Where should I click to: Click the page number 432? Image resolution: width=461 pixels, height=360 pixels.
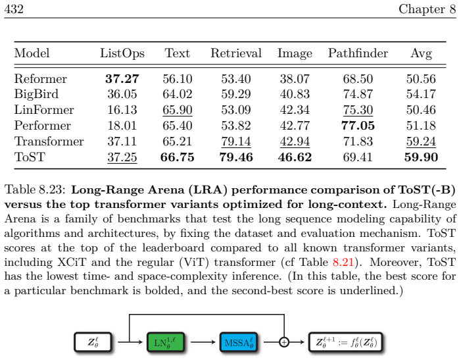click(x=14, y=9)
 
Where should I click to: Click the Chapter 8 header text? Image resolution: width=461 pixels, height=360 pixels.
click(x=427, y=9)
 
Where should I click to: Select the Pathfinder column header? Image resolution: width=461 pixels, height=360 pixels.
click(x=358, y=53)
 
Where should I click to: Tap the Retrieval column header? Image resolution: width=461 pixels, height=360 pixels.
click(x=236, y=53)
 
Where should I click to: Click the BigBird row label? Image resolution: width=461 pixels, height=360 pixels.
click(x=36, y=94)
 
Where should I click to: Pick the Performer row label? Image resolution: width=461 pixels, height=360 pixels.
click(x=42, y=126)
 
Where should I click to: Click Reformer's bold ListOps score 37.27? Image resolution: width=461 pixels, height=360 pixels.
click(x=122, y=79)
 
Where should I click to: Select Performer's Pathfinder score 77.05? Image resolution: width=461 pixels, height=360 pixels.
click(x=358, y=126)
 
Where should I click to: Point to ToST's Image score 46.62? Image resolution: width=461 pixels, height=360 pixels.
click(x=295, y=157)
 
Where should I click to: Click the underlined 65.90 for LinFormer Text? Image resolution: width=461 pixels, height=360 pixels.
click(x=178, y=110)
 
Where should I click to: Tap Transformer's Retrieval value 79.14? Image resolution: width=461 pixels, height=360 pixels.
click(x=236, y=141)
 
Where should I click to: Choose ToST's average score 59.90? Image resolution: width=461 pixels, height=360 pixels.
click(x=421, y=157)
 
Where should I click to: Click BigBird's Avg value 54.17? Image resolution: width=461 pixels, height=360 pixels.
click(x=421, y=94)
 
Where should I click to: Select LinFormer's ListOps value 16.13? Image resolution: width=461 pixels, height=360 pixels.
click(x=122, y=110)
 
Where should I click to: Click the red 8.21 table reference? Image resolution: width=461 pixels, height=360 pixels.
click(x=343, y=262)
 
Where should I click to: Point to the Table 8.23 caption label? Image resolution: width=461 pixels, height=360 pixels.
click(x=35, y=190)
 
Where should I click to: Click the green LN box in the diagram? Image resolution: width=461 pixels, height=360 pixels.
click(x=166, y=342)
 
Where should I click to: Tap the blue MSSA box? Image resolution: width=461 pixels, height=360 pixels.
click(x=239, y=342)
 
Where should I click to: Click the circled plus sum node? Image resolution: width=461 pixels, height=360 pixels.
click(x=284, y=342)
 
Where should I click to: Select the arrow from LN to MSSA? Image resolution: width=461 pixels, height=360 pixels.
click(x=203, y=342)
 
